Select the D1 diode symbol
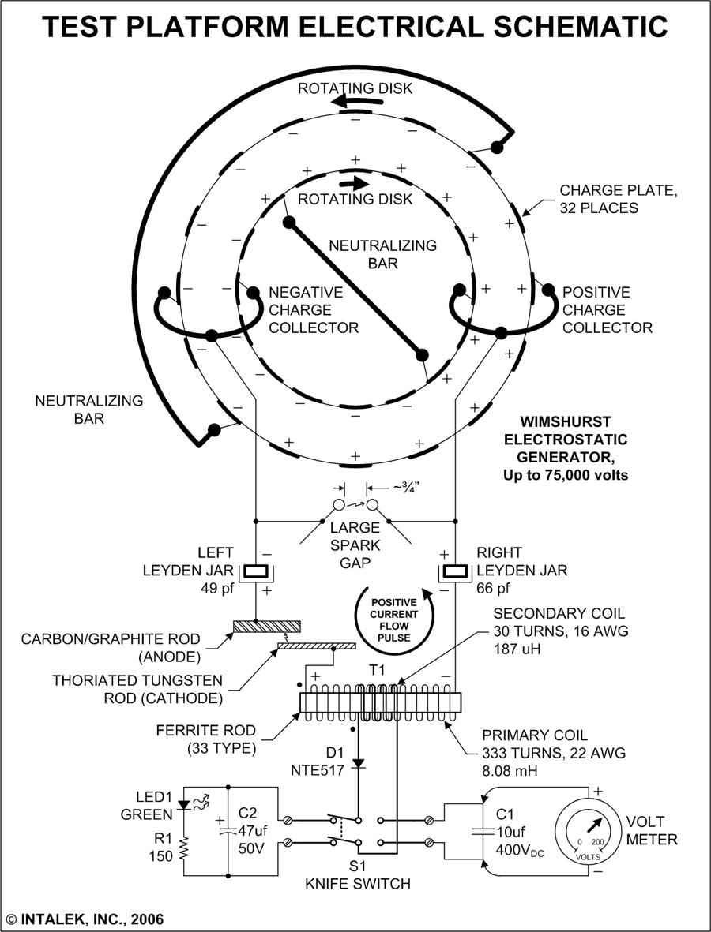(361, 763)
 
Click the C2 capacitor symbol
(228, 830)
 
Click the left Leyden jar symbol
(256, 571)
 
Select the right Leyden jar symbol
(456, 571)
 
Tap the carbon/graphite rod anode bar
(265, 627)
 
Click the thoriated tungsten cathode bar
(316, 646)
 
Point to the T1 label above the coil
(378, 668)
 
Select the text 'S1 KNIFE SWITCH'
(358, 874)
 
